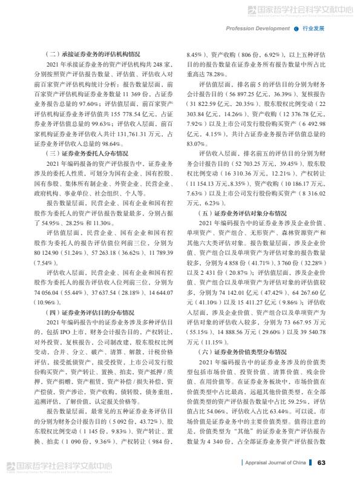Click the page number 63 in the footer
pyautogui.click(x=321, y=462)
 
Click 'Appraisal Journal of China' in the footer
pyautogui.click(x=274, y=463)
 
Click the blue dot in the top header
pyautogui.click(x=296, y=28)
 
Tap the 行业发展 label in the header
pyautogui.click(x=313, y=28)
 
